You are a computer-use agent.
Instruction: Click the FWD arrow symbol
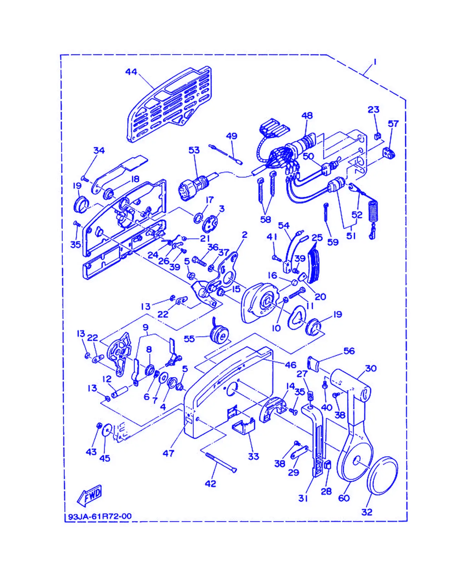pyautogui.click(x=89, y=495)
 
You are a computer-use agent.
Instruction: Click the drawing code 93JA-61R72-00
pyautogui.click(x=100, y=516)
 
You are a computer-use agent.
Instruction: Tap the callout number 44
pyautogui.click(x=131, y=72)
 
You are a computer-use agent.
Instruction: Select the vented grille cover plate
pyautogui.click(x=169, y=104)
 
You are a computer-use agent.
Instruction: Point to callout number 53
pyautogui.click(x=194, y=150)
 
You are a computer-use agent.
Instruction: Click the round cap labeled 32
pyautogui.click(x=382, y=475)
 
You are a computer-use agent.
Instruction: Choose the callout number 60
pyautogui.click(x=344, y=498)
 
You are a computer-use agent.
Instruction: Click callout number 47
pyautogui.click(x=168, y=453)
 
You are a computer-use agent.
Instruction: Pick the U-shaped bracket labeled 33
pyautogui.click(x=243, y=426)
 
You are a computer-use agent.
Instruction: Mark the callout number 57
pyautogui.click(x=393, y=123)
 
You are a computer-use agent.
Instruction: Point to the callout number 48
pyautogui.click(x=307, y=115)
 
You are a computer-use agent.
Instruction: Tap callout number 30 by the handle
pyautogui.click(x=371, y=368)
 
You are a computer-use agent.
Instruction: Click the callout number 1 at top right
pyautogui.click(x=375, y=62)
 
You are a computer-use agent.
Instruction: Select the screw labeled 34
pyautogui.click(x=85, y=179)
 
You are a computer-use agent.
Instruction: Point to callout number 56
pyautogui.click(x=349, y=351)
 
